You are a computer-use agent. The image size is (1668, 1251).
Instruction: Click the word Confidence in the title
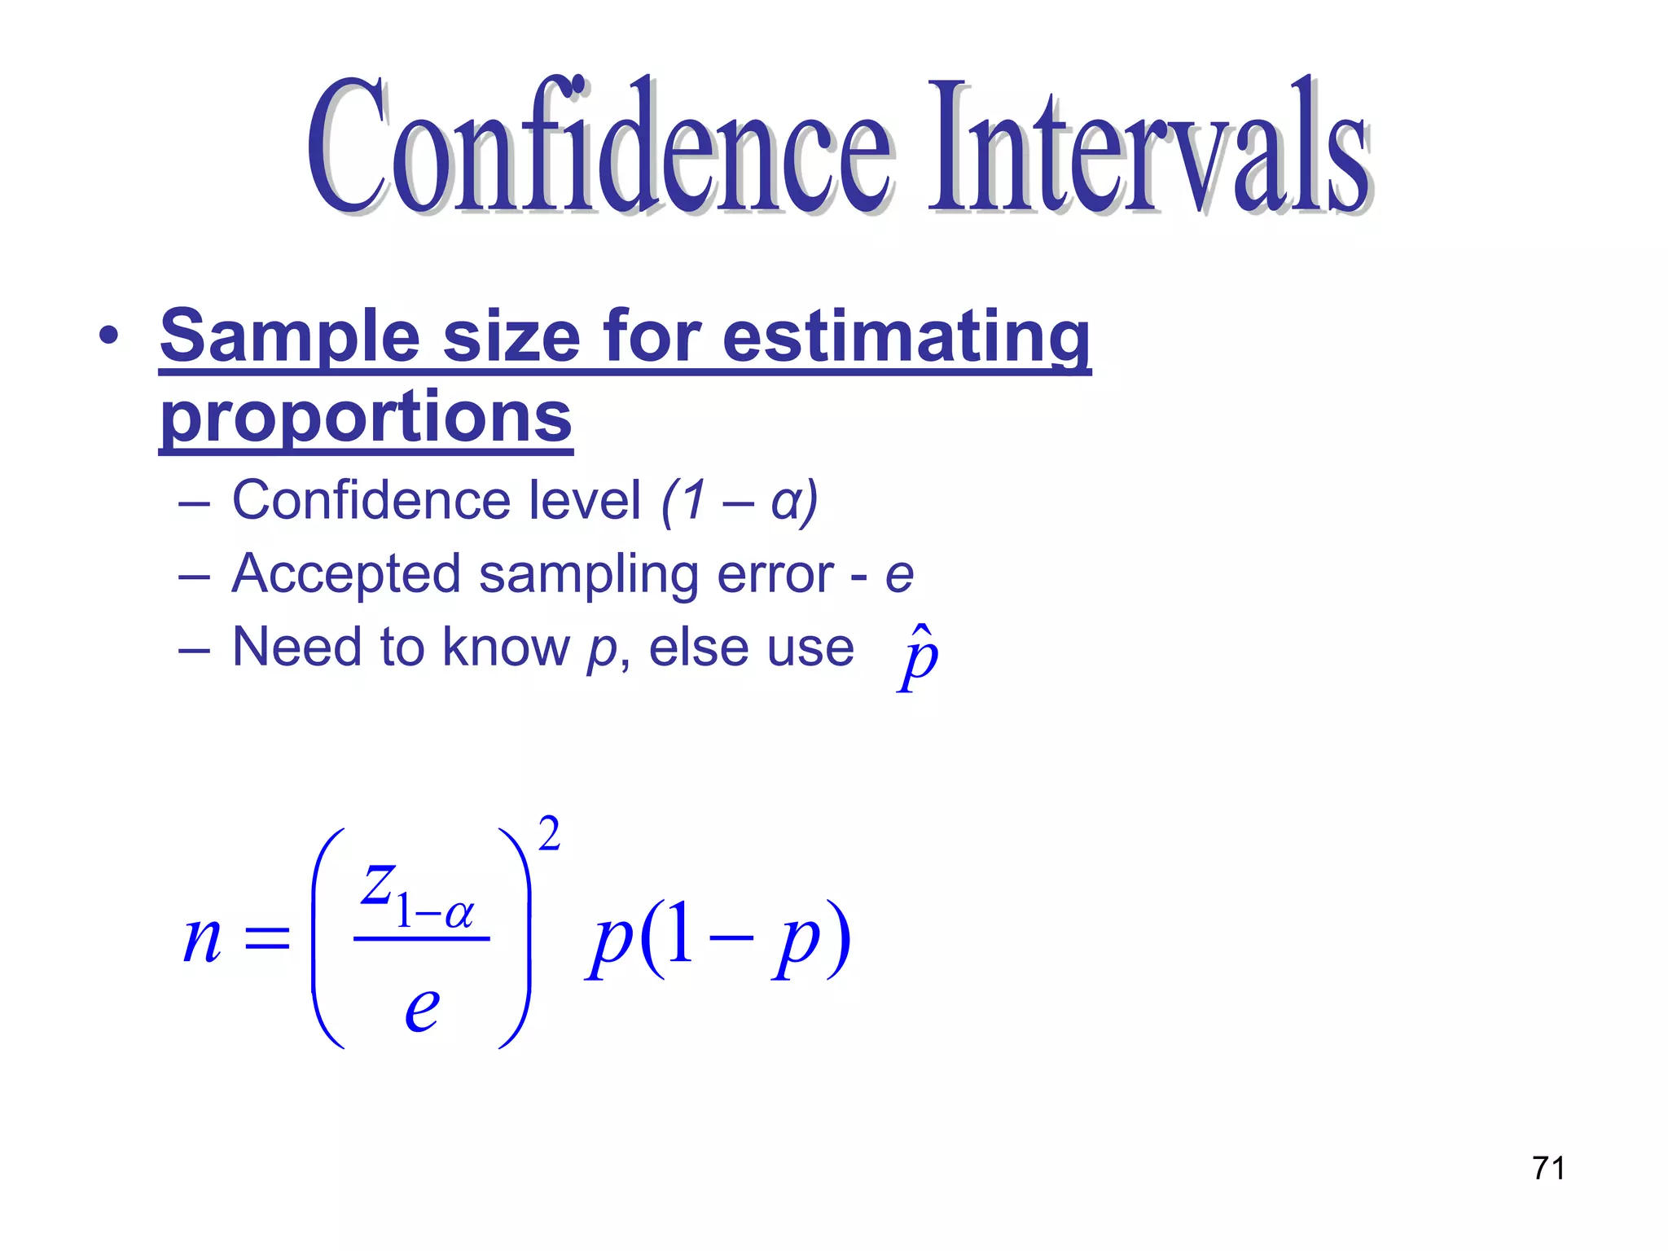click(x=599, y=147)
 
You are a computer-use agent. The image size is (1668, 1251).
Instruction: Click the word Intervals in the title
click(x=1148, y=147)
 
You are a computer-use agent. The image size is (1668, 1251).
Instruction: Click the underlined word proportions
click(x=366, y=417)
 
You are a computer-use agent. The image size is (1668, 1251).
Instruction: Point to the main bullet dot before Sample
click(x=108, y=336)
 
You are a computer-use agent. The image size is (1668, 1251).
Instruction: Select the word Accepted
click(x=346, y=574)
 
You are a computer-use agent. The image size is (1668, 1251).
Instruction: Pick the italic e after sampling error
click(x=899, y=577)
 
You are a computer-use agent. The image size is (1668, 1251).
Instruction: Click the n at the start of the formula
click(x=202, y=941)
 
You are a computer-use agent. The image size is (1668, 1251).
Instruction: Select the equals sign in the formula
click(x=267, y=939)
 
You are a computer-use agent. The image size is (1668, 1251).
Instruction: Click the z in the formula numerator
click(x=378, y=884)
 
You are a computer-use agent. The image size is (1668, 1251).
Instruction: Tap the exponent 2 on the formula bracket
click(x=550, y=835)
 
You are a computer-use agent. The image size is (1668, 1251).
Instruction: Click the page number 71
click(x=1548, y=1168)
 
